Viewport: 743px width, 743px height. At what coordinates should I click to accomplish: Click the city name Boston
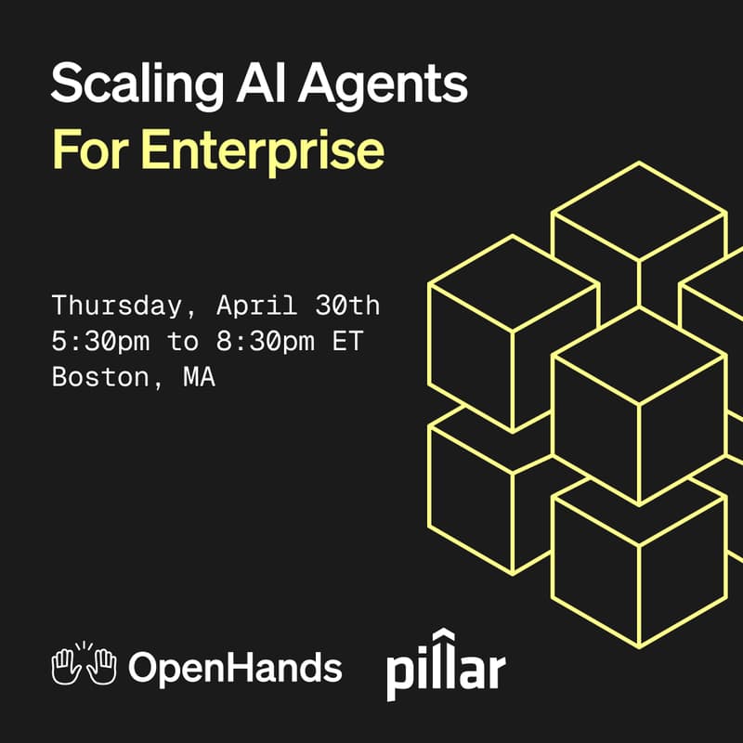tap(93, 377)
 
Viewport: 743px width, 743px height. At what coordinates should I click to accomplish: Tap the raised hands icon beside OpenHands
tap(84, 665)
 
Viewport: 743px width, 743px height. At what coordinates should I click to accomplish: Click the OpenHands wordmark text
tap(235, 667)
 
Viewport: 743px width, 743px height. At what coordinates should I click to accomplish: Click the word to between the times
tap(182, 341)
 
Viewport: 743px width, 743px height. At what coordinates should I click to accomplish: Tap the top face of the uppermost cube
tap(639, 215)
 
